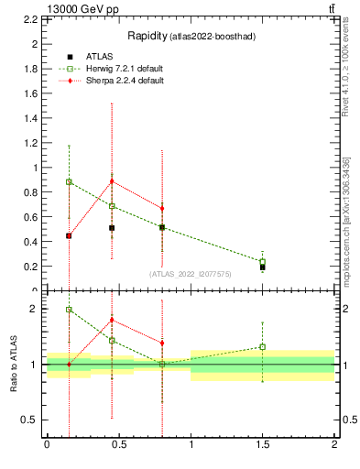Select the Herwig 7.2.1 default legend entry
pos(126,69)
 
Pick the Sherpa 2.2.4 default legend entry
pos(125,81)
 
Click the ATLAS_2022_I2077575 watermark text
pos(190,274)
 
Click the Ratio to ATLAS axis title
pos(14,364)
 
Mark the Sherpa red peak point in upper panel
pos(112,181)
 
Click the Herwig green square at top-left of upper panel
pos(69,181)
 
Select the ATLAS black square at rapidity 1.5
pos(263,267)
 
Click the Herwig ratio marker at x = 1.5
pos(263,347)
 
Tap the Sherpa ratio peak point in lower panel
pos(112,320)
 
